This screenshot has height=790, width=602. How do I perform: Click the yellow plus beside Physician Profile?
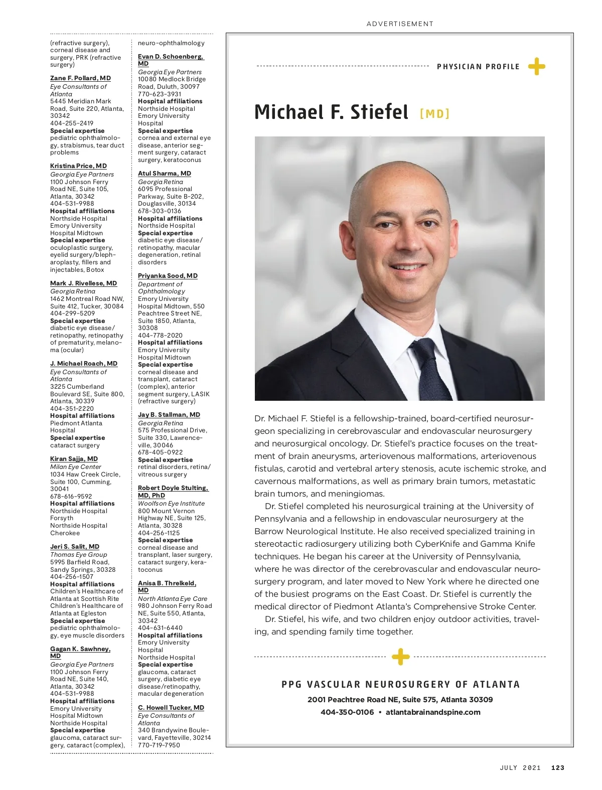pyautogui.click(x=536, y=66)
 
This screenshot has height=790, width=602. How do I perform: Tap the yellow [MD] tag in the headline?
pyautogui.click(x=434, y=114)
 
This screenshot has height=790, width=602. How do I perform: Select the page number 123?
pyautogui.click(x=558, y=767)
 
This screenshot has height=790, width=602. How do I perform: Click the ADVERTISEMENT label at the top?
pyautogui.click(x=400, y=24)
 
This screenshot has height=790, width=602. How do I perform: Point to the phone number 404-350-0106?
pyautogui.click(x=347, y=712)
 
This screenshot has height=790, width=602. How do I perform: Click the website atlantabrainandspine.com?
pyautogui.click(x=433, y=712)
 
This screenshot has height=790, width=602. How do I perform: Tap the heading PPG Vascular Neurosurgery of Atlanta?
pyautogui.click(x=400, y=684)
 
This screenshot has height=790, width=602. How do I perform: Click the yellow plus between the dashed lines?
pyautogui.click(x=400, y=657)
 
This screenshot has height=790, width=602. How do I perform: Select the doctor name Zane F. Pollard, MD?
pyautogui.click(x=80, y=78)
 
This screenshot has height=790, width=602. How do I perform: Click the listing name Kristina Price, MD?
pyautogui.click(x=78, y=166)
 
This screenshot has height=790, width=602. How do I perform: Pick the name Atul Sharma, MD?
pyautogui.click(x=165, y=174)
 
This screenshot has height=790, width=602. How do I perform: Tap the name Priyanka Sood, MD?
pyautogui.click(x=168, y=276)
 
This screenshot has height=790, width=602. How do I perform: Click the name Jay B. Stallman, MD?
pyautogui.click(x=169, y=415)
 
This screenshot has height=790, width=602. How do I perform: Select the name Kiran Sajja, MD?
pyautogui.click(x=74, y=459)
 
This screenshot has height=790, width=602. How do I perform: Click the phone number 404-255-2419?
pyautogui.click(x=72, y=123)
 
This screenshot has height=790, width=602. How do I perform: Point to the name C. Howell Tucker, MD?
pyautogui.click(x=171, y=708)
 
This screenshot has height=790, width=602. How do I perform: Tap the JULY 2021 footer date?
pyautogui.click(x=520, y=767)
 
